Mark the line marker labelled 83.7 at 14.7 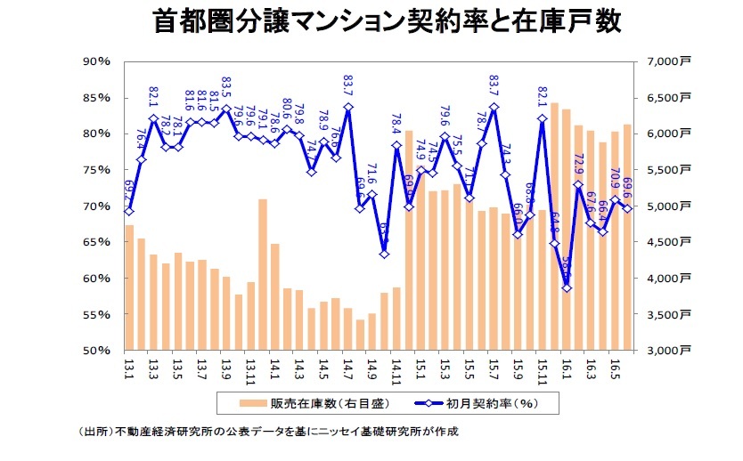click(x=348, y=107)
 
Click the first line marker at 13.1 click(x=129, y=211)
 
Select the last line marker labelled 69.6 click(x=627, y=208)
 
